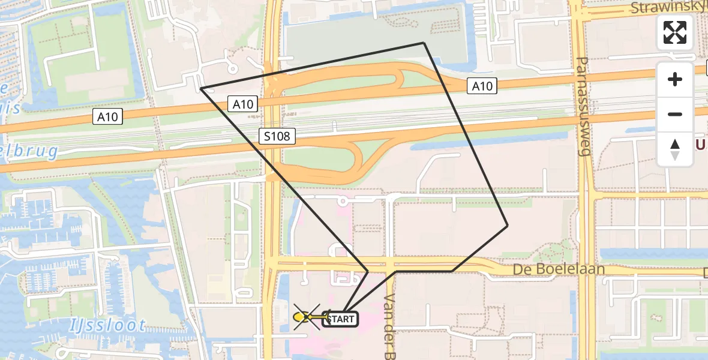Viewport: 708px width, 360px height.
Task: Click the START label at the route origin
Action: [341, 319]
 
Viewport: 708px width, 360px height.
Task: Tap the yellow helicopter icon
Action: [307, 317]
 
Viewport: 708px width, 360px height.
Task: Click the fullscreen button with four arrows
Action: [675, 32]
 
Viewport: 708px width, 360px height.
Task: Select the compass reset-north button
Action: [675, 149]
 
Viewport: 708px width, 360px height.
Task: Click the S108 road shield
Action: [277, 136]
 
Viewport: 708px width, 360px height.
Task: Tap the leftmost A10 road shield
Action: [108, 117]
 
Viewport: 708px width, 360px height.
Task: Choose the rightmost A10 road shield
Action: [482, 86]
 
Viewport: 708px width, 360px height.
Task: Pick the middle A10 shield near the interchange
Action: [243, 104]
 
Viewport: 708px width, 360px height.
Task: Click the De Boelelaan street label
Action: [559, 269]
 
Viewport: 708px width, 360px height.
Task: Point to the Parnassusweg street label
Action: [583, 106]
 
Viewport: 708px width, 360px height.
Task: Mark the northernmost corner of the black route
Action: [424, 43]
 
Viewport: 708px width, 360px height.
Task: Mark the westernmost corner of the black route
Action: [201, 89]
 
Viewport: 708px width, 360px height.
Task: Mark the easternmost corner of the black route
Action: [508, 226]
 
